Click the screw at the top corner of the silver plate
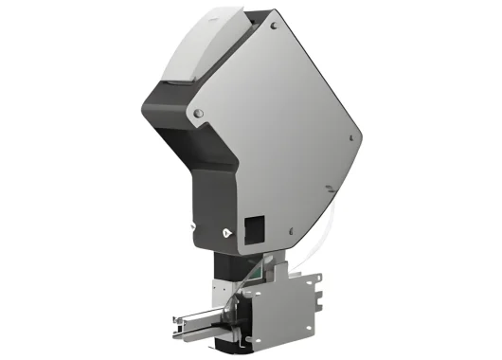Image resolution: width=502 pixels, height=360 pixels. tap(275, 21)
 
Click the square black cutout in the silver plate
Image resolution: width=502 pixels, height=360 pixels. tap(255, 227)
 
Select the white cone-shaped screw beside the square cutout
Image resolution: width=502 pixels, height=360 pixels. tap(227, 230)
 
